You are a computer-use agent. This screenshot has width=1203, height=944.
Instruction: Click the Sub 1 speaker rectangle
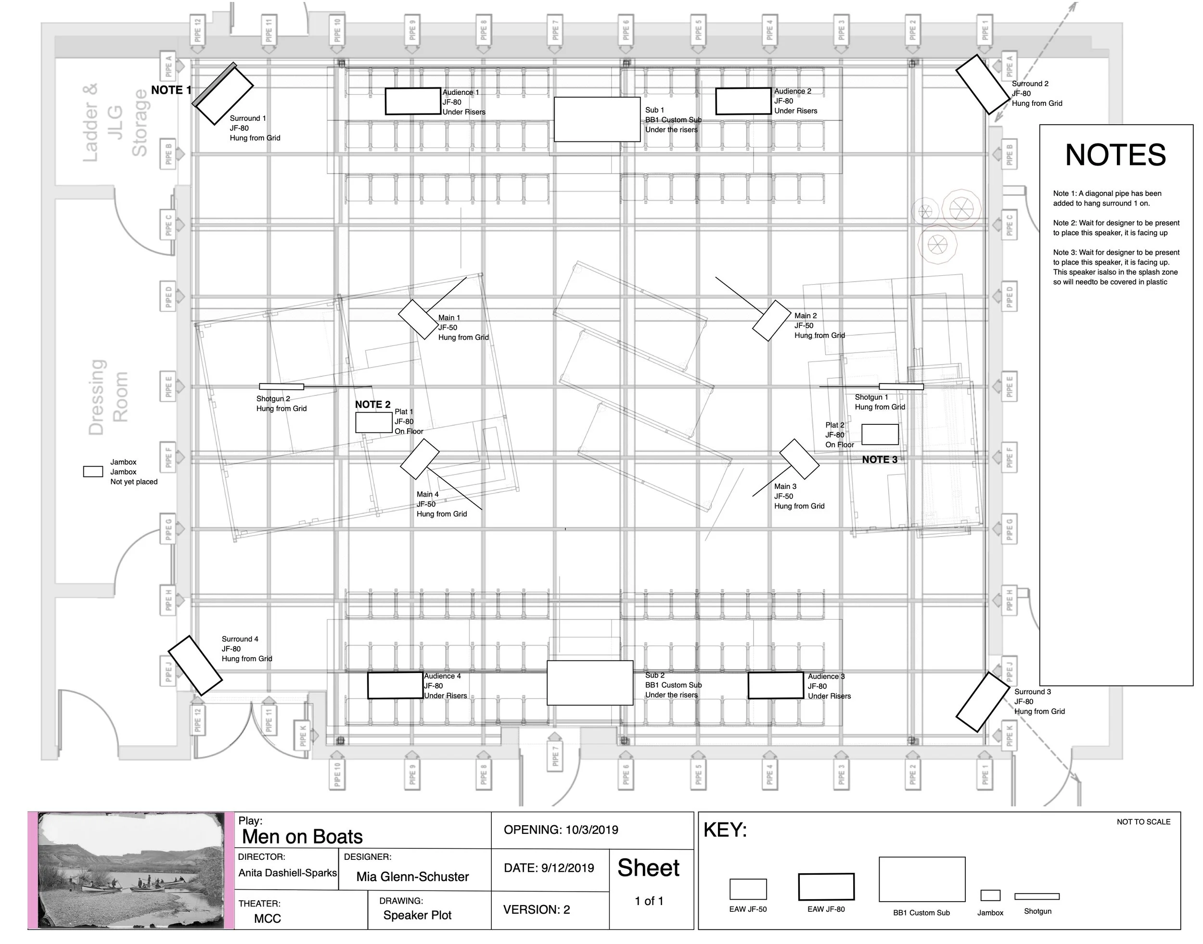[x=597, y=119]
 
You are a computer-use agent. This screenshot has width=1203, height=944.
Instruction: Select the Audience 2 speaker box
[x=743, y=101]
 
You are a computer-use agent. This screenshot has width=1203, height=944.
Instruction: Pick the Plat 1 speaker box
[x=374, y=422]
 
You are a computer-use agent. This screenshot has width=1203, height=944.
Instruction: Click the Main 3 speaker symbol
[x=799, y=459]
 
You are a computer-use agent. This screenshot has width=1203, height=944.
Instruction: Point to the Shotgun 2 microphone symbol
[x=282, y=386]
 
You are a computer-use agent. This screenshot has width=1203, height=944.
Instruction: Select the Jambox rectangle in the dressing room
[x=93, y=472]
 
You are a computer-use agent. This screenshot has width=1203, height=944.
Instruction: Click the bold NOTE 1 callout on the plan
[x=171, y=90]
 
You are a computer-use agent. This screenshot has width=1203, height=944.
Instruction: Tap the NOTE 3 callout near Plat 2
[x=880, y=459]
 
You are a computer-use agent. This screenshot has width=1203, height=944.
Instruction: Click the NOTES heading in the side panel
[x=1115, y=155]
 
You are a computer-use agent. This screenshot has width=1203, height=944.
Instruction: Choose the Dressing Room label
[x=108, y=397]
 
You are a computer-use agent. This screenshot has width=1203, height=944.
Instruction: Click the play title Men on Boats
[x=302, y=837]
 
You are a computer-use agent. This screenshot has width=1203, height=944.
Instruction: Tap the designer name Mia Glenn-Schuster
[x=412, y=877]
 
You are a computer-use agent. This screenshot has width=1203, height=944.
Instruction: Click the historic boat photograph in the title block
[x=131, y=870]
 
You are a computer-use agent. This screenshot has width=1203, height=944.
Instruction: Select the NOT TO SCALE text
[x=1143, y=822]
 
